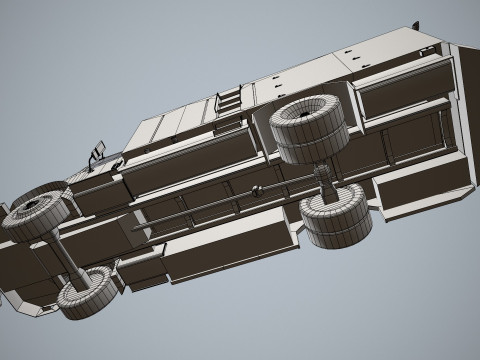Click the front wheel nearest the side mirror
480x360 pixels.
point(35,212)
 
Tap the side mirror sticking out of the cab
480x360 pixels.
point(99,153)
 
